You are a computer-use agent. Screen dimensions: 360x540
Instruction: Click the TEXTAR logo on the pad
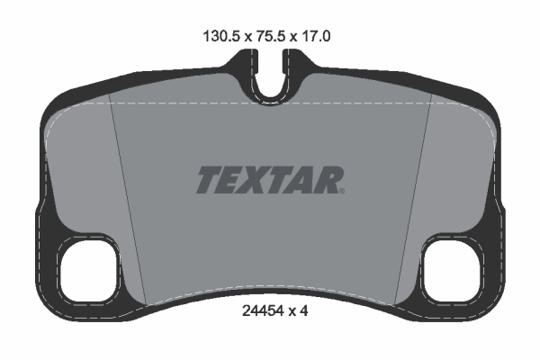coord(268,180)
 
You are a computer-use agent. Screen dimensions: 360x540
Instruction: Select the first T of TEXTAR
coord(209,180)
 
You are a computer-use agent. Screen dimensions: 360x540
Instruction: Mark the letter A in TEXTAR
coord(305,180)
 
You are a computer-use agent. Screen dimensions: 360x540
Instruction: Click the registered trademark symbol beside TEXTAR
coord(342,191)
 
